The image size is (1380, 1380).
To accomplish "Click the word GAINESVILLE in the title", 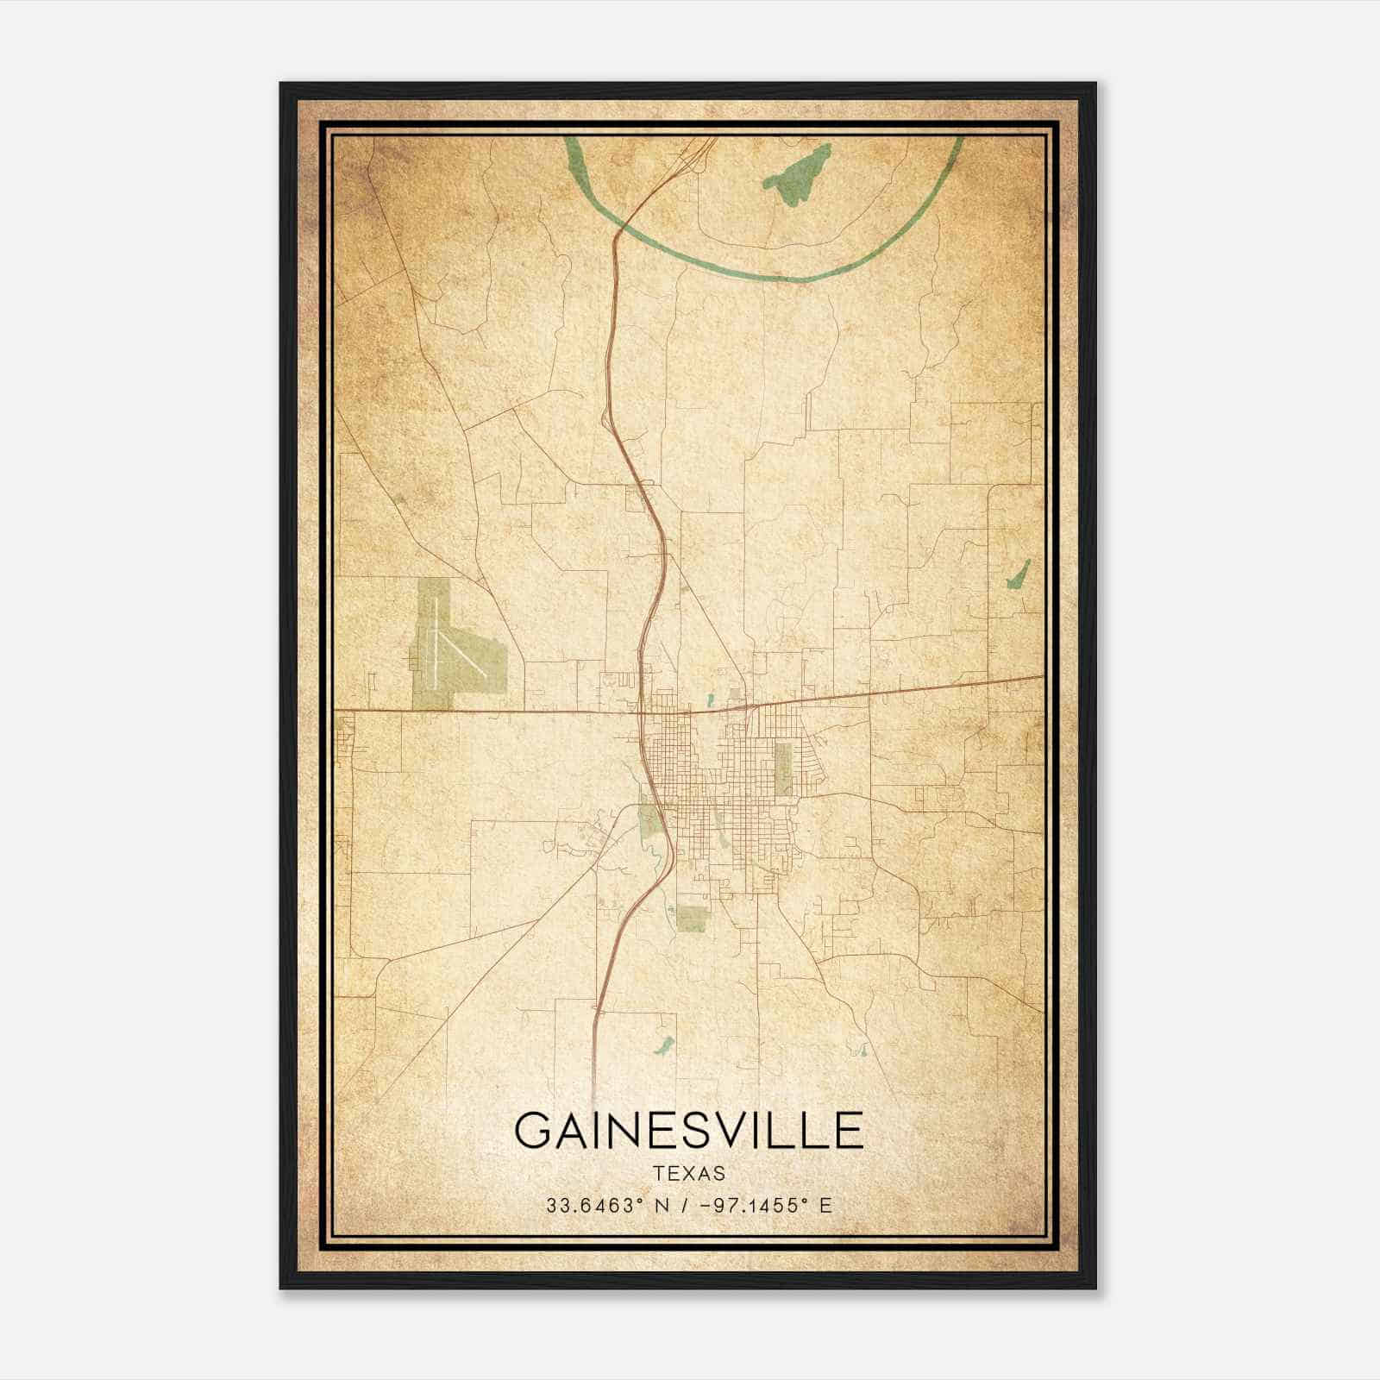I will point(689,1129).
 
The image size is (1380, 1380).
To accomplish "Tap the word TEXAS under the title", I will point(689,1174).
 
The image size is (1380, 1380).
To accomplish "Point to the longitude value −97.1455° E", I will point(759,1206).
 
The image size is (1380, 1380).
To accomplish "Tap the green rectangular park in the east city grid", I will point(783,768).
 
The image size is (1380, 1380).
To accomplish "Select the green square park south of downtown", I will point(693,918).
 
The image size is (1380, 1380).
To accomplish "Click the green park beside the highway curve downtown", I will point(650,819).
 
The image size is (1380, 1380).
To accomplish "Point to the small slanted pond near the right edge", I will point(1019,574).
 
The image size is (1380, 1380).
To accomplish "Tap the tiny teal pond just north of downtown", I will point(709,700).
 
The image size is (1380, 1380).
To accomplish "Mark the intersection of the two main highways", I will point(643,712).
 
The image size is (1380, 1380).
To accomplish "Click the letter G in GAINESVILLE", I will point(536,1130).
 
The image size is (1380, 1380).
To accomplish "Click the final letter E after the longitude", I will point(825,1206).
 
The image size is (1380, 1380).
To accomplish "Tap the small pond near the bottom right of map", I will point(859,1051).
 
